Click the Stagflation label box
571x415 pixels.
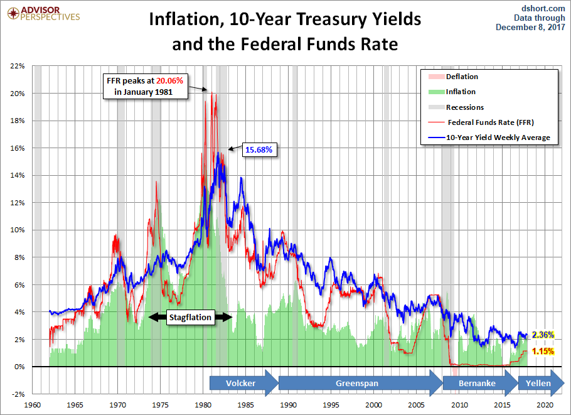pos(190,317)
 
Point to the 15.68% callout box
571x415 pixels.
pos(259,150)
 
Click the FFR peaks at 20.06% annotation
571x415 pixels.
pos(145,86)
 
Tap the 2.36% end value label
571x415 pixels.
pos(543,335)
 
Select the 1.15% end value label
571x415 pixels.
pos(543,351)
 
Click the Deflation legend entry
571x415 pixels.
pos(453,77)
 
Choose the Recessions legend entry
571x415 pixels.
pos(456,107)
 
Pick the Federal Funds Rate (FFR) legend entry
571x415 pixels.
pos(481,122)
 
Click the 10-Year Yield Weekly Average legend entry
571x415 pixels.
pos(489,137)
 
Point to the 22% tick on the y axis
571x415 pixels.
pos(18,66)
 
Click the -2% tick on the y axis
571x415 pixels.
pos(18,394)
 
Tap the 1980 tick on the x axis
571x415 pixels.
pos(203,405)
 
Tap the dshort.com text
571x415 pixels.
pos(543,8)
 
